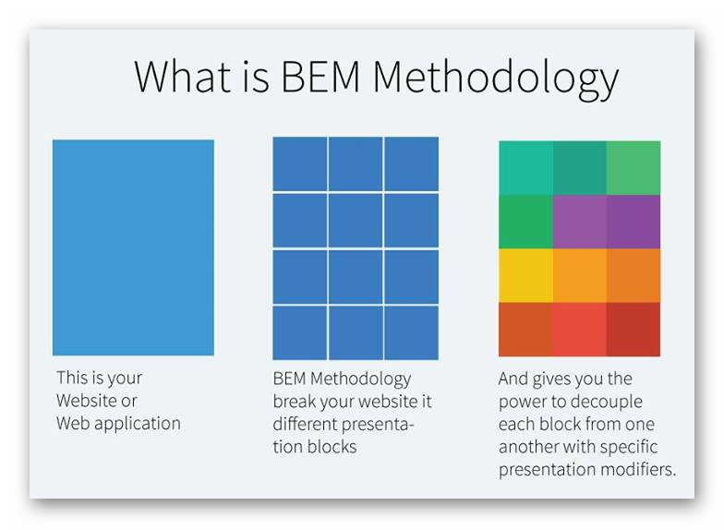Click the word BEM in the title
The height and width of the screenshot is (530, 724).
pos(320,78)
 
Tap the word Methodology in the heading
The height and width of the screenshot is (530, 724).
pos(495,79)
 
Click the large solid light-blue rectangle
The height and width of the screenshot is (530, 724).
pos(133,247)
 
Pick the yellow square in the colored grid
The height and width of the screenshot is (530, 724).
pos(526,275)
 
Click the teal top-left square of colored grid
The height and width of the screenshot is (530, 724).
pos(526,168)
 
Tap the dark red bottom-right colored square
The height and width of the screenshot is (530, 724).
pos(633,329)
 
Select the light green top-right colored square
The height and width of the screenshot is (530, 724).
pos(633,168)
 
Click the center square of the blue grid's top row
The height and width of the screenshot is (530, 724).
pos(356,163)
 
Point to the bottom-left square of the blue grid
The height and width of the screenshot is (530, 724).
pos(300,332)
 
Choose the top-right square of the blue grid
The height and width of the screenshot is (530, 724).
pos(412,163)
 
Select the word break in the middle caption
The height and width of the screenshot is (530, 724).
pos(294,401)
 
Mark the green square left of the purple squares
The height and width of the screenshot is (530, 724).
pos(526,222)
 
